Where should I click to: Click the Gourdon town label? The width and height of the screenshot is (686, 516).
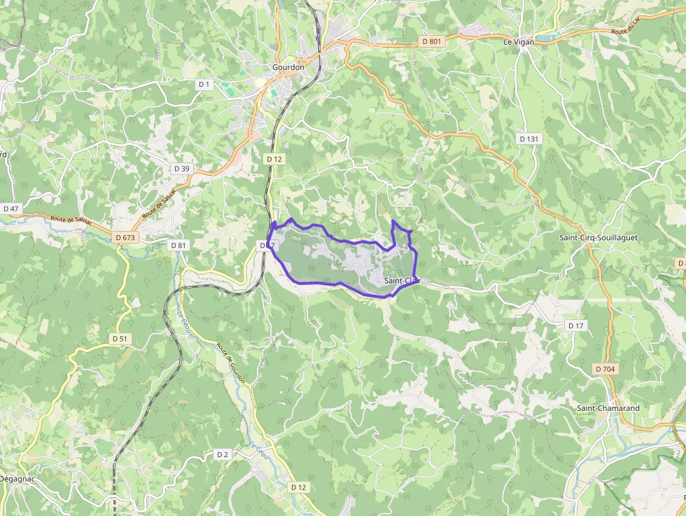(288, 67)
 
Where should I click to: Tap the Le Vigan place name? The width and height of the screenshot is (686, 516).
(519, 42)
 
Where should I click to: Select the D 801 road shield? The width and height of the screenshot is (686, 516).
(432, 42)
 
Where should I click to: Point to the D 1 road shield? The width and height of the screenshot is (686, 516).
(204, 84)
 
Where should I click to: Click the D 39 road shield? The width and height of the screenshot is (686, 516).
(181, 169)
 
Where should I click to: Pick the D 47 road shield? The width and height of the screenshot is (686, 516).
(11, 209)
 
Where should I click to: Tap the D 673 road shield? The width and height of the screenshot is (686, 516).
(125, 238)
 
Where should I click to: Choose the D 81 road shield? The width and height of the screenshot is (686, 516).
(178, 245)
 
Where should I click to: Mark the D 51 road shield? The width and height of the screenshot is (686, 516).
(120, 338)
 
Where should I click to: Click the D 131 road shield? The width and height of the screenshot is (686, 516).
(529, 139)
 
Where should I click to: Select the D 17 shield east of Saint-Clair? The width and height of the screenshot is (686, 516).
(575, 326)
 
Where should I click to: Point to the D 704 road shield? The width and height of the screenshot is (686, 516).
(605, 369)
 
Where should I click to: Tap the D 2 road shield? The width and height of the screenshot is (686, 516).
(223, 454)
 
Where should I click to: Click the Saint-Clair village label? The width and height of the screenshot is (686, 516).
(401, 281)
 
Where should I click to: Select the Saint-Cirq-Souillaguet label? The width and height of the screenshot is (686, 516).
(598, 238)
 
